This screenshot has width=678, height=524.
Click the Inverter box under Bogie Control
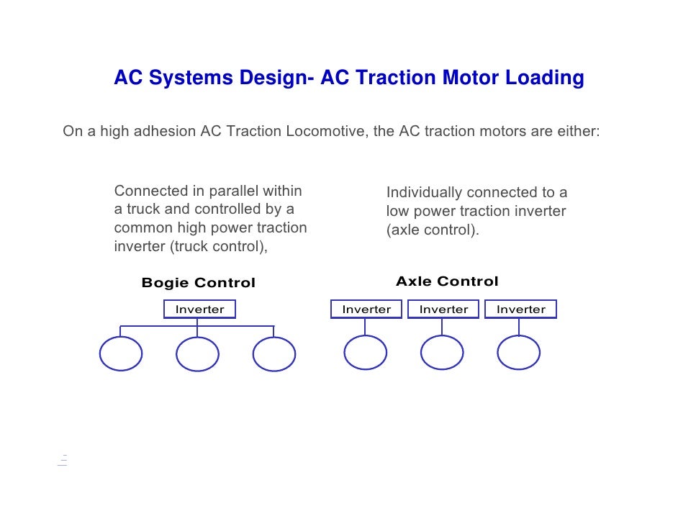(x=199, y=310)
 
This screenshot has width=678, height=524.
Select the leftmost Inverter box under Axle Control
(x=366, y=310)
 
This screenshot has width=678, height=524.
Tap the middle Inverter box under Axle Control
(x=443, y=310)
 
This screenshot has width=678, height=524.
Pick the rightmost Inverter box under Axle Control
(x=521, y=310)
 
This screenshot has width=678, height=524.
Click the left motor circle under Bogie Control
(x=120, y=354)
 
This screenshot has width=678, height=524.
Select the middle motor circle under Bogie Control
(x=197, y=354)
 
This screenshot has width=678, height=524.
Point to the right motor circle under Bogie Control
(x=274, y=354)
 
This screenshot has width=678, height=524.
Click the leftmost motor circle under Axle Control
(x=366, y=353)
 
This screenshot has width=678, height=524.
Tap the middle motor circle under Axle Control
(x=442, y=353)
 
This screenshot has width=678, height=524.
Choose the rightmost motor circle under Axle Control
(x=519, y=353)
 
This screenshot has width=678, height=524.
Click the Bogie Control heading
(x=199, y=283)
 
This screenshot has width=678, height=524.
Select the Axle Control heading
(x=447, y=281)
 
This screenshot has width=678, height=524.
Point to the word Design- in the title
(x=274, y=78)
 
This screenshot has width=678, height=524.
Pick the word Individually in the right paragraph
(x=424, y=193)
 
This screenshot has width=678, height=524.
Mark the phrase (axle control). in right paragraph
(x=433, y=230)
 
